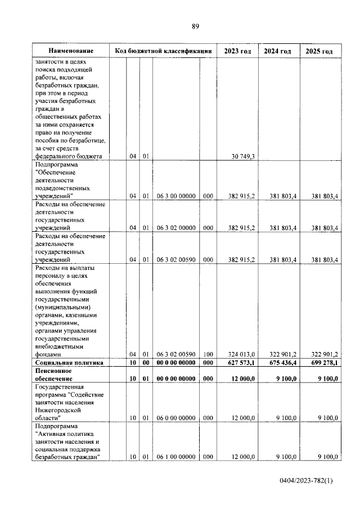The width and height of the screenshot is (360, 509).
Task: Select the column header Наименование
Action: pyautogui.click(x=70, y=51)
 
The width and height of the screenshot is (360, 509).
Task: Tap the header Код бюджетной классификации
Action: pyautogui.click(x=163, y=51)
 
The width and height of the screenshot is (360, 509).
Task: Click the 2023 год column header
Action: pyautogui.click(x=237, y=51)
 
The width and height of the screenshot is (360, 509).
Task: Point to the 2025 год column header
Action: pyautogui.click(x=319, y=51)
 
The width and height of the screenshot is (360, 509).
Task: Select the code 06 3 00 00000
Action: pyautogui.click(x=175, y=196)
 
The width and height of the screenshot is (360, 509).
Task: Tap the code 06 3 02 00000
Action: pyautogui.click(x=175, y=228)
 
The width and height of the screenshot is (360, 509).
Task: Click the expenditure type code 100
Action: pyautogui.click(x=208, y=355)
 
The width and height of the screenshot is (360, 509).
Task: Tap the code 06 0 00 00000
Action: pyautogui.click(x=175, y=418)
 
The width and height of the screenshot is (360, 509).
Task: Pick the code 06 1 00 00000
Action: pyautogui.click(x=175, y=457)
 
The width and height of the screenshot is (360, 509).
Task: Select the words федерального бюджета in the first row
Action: pyautogui.click(x=68, y=157)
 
